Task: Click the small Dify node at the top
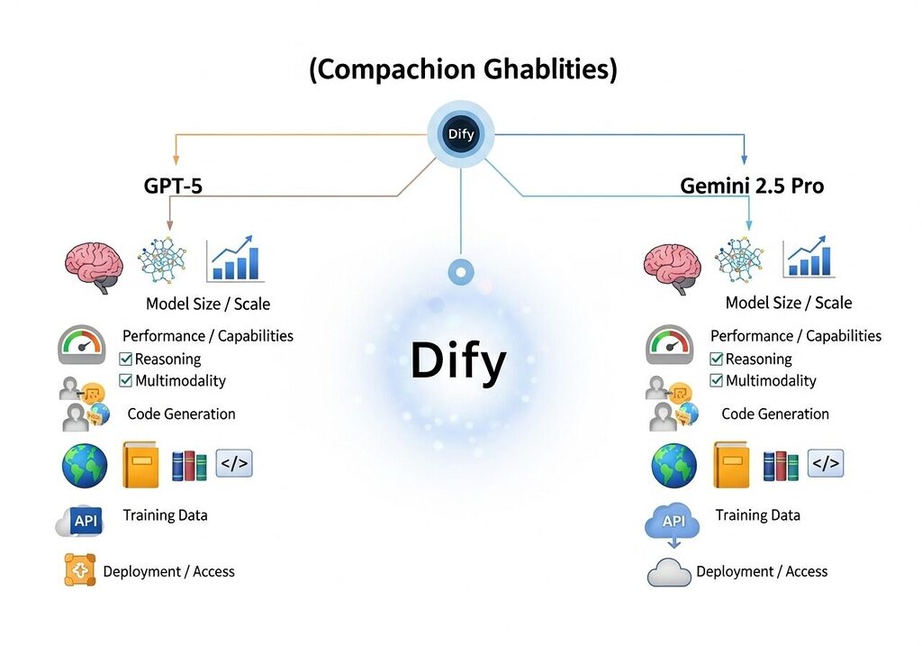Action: pyautogui.click(x=460, y=134)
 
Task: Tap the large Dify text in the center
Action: pyautogui.click(x=458, y=360)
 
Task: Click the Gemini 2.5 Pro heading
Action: pyautogui.click(x=752, y=187)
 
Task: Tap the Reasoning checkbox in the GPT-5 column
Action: pyautogui.click(x=126, y=359)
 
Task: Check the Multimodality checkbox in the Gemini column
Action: pyautogui.click(x=717, y=380)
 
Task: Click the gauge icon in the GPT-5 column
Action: pyautogui.click(x=82, y=345)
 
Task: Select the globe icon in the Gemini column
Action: pyautogui.click(x=673, y=465)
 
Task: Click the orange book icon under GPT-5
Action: pyautogui.click(x=140, y=465)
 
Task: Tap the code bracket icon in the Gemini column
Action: pyautogui.click(x=826, y=463)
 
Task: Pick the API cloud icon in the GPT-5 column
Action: pyautogui.click(x=82, y=520)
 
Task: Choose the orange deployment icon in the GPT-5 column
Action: pyautogui.click(x=80, y=570)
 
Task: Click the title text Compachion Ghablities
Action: pyautogui.click(x=463, y=69)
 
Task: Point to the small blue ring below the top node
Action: pyautogui.click(x=460, y=272)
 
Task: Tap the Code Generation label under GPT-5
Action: pyautogui.click(x=181, y=414)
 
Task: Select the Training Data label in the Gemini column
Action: pyautogui.click(x=757, y=515)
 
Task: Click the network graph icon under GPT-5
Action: pyautogui.click(x=165, y=260)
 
